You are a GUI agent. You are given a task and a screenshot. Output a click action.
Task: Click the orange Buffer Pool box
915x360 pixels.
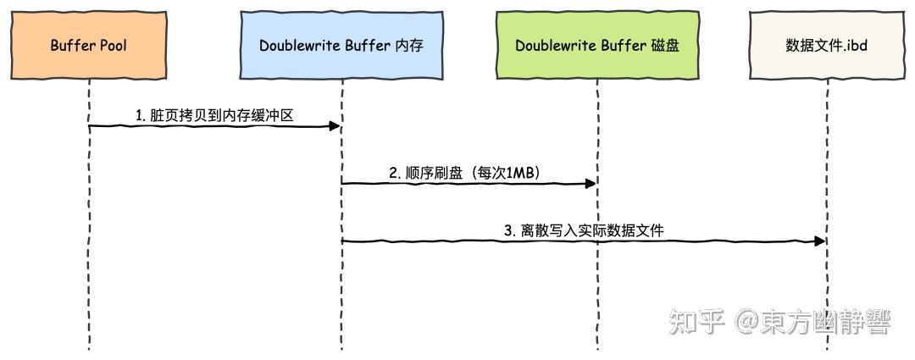point(88,45)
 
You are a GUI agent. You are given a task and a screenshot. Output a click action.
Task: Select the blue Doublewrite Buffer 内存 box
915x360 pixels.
point(342,45)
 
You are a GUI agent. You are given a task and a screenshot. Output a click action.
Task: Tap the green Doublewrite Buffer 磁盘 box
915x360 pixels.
point(596,45)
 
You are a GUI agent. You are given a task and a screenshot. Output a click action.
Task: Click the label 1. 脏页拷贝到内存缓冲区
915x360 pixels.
point(214,115)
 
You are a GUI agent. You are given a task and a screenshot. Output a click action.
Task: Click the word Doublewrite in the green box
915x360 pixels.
point(555,45)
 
